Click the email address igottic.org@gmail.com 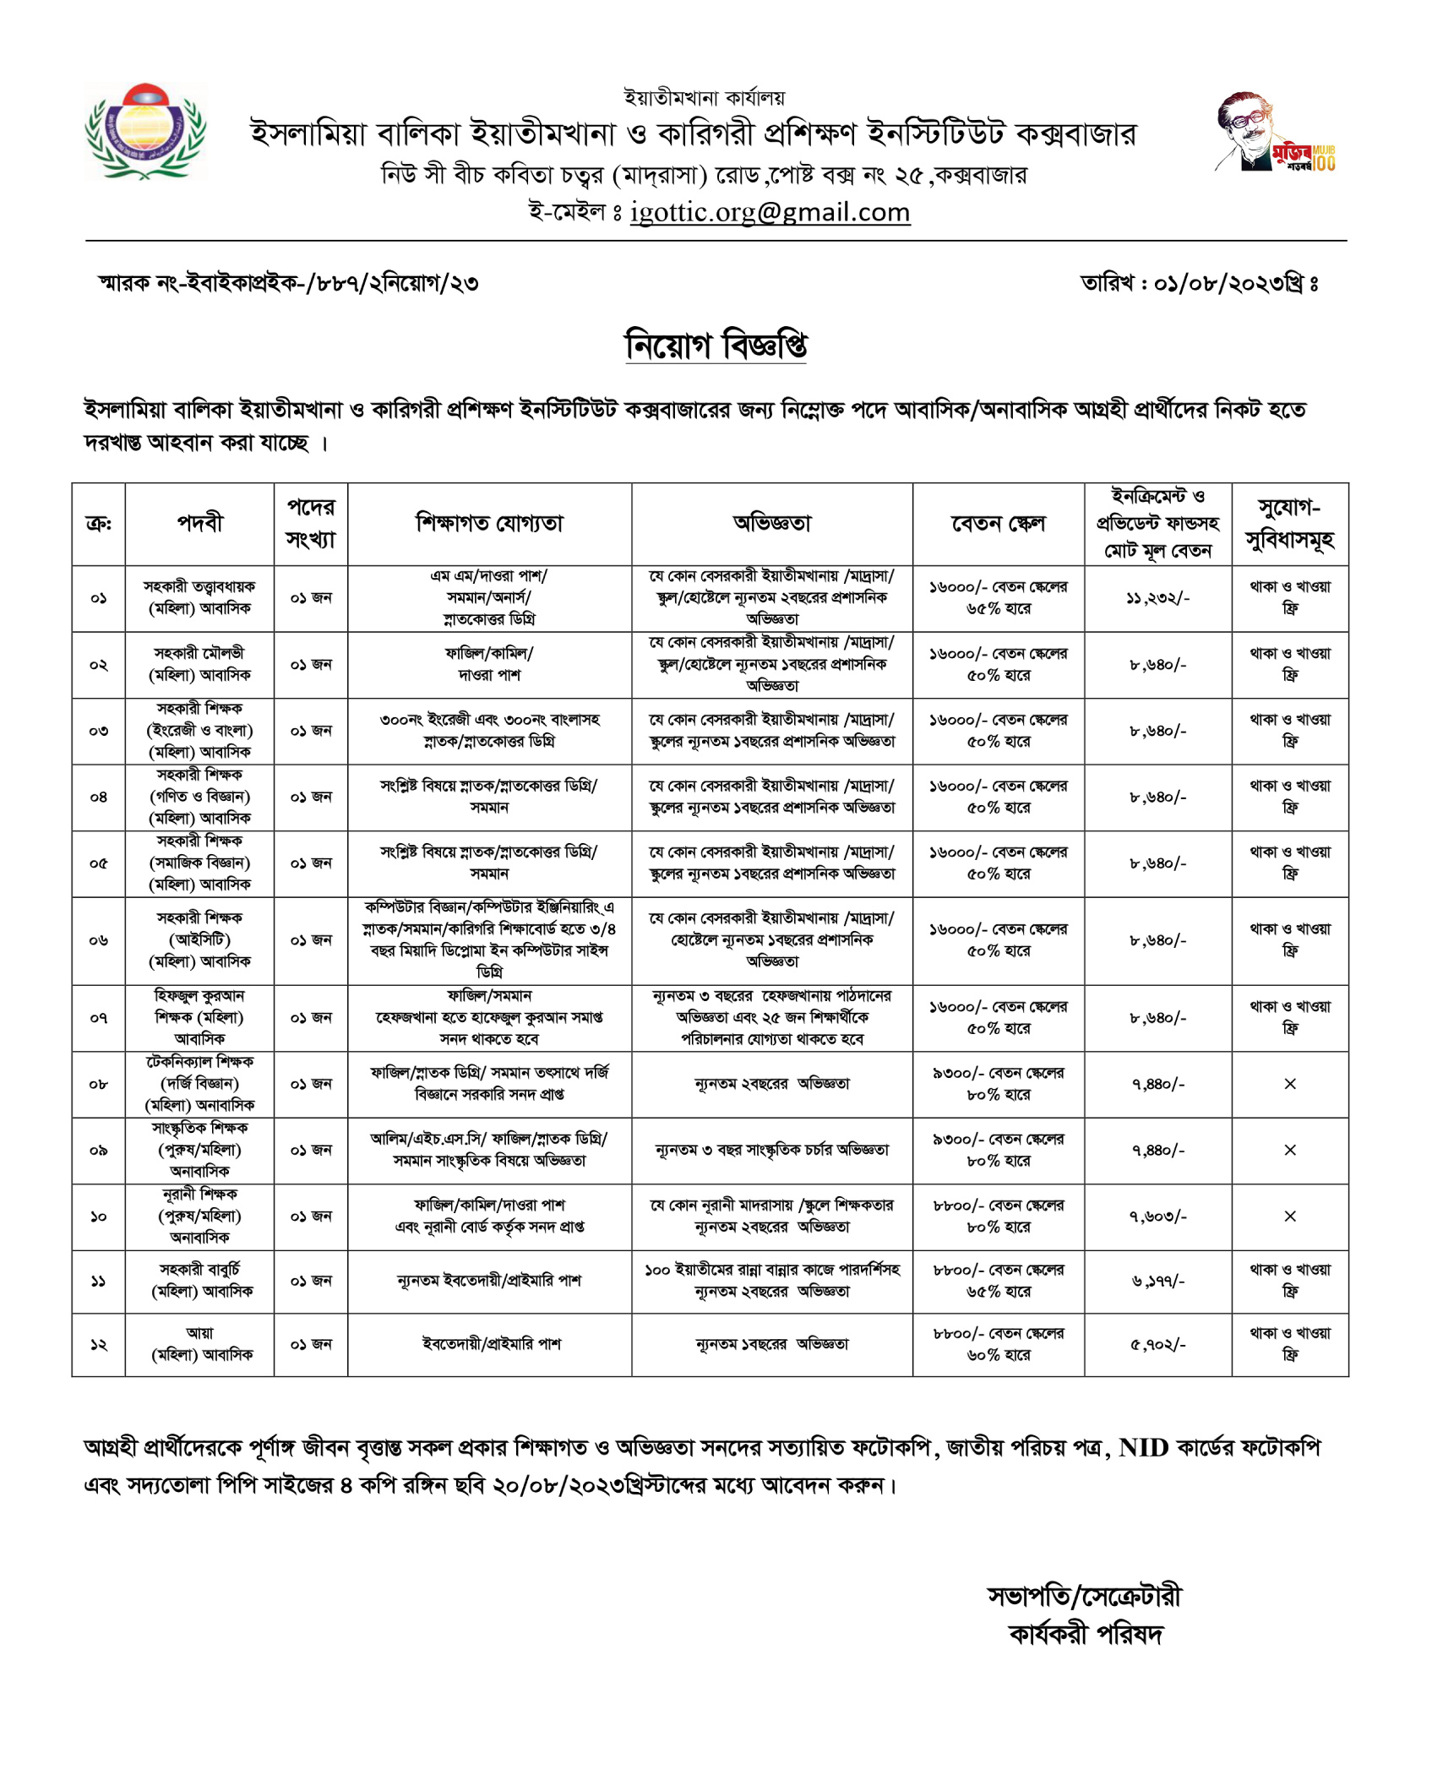point(770,212)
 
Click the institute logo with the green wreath point(145,131)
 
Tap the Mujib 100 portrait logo point(1273,133)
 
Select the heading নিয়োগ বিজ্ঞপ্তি point(716,345)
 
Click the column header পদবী point(199,524)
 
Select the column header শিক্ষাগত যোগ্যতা point(489,524)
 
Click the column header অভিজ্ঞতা point(771,524)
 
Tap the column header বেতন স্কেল point(998,524)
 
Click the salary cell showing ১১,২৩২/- point(1157,598)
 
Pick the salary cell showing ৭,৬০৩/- point(1157,1217)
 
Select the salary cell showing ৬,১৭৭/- point(1157,1281)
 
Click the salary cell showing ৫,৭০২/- point(1157,1344)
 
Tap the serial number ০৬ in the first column point(98,940)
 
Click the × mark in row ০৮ point(1289,1084)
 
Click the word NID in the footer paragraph point(1143,1448)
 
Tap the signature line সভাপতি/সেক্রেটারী point(1084,1596)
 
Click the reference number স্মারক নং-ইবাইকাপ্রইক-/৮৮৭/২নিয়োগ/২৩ point(288,283)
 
